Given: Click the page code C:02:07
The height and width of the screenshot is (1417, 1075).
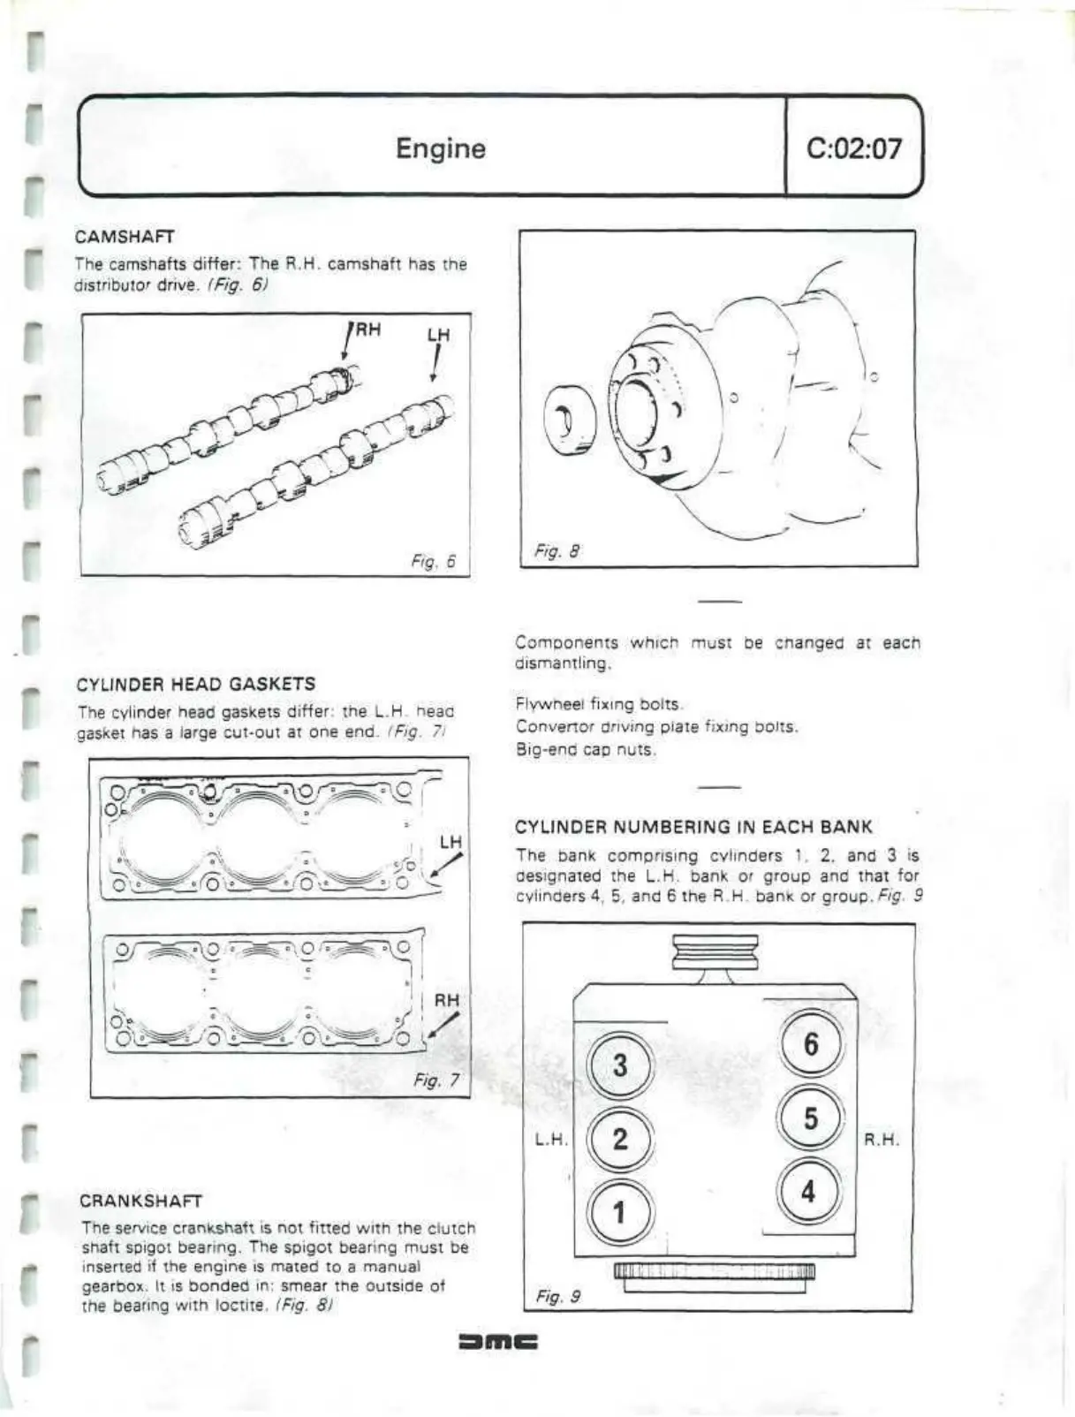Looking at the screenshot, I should [854, 148].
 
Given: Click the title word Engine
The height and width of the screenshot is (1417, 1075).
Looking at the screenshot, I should [440, 148].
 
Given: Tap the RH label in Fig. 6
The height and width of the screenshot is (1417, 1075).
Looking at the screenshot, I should [367, 330].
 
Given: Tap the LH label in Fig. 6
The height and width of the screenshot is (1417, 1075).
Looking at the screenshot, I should [438, 335].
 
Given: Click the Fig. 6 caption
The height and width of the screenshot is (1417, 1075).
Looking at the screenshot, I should [433, 561].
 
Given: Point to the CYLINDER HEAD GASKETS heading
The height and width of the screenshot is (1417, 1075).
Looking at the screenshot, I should [196, 685].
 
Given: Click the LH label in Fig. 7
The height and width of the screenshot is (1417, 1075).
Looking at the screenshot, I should [450, 842].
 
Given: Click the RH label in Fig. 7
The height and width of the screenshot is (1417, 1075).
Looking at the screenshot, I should [447, 1000].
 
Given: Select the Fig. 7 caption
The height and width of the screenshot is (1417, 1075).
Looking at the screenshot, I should [436, 1080].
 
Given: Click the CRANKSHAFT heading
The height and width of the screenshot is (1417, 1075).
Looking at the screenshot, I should [140, 1201].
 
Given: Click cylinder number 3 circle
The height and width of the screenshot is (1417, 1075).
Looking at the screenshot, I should [620, 1065].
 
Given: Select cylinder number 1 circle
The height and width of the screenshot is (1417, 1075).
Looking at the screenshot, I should [619, 1212].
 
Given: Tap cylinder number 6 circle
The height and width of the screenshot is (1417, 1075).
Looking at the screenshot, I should [810, 1044].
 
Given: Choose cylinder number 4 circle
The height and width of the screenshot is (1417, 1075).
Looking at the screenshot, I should [808, 1192].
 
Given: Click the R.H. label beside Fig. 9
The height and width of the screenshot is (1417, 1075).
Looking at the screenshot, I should [881, 1140].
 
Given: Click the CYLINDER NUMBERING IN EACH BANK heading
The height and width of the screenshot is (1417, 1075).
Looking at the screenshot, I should [693, 828].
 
